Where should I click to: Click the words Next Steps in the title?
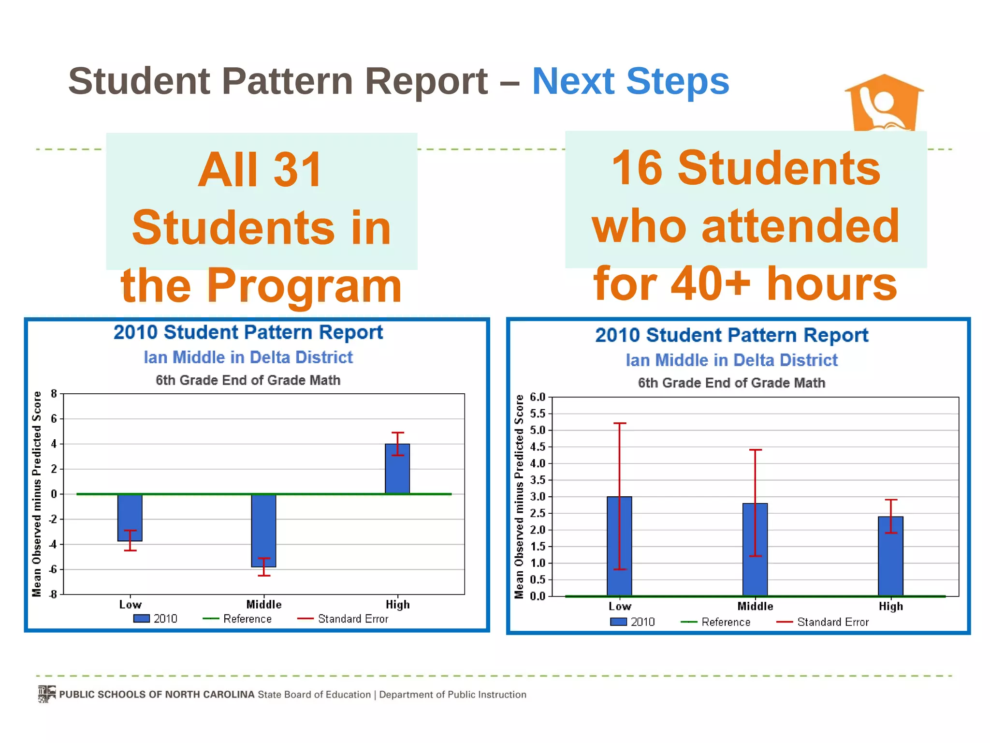pyautogui.click(x=630, y=81)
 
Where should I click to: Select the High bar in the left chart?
pyautogui.click(x=397, y=469)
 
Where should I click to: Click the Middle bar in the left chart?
pyautogui.click(x=263, y=530)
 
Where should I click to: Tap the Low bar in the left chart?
pyautogui.click(x=130, y=517)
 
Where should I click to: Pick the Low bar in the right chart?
pyautogui.click(x=619, y=546)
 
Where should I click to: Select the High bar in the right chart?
pyautogui.click(x=890, y=556)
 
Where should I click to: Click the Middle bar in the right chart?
pyautogui.click(x=755, y=550)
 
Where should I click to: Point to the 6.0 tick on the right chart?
pyautogui.click(x=538, y=397)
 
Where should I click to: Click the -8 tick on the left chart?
pyautogui.click(x=53, y=594)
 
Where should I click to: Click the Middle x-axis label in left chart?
pyautogui.click(x=263, y=605)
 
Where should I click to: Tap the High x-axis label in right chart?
pyautogui.click(x=890, y=607)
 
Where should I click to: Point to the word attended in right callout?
pyautogui.click(x=800, y=226)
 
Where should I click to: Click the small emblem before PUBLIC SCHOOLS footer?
pyautogui.click(x=47, y=694)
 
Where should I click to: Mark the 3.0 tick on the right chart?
pyautogui.click(x=538, y=497)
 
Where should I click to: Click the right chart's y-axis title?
pyautogui.click(x=519, y=496)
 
